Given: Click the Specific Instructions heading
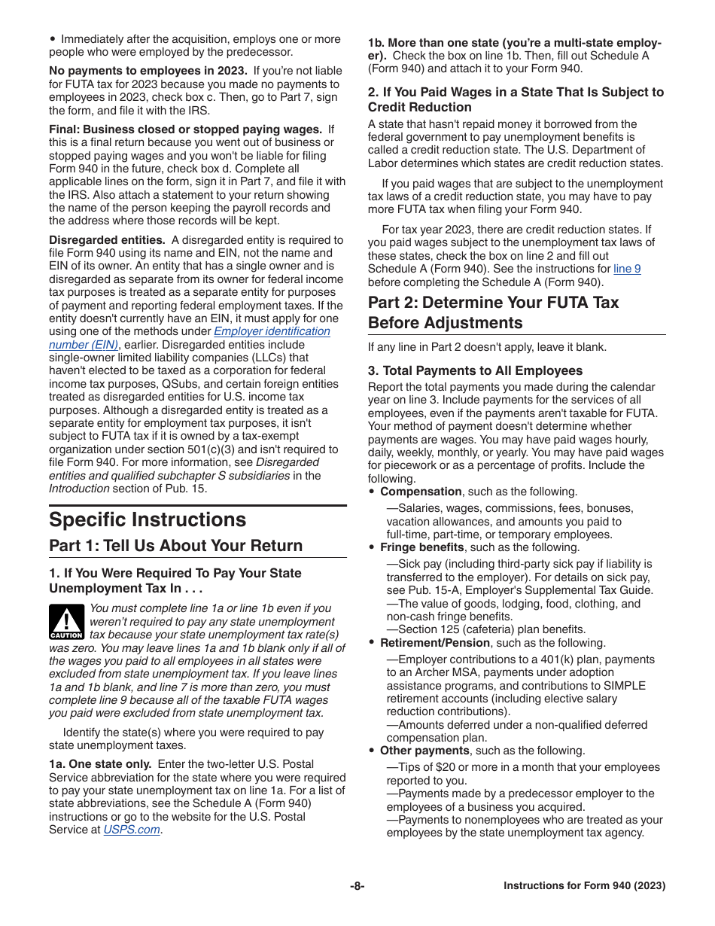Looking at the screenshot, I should pyautogui.click(x=148, y=520).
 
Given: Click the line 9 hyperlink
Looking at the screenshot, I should pyautogui.click(x=627, y=269).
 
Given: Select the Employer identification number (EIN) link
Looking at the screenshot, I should pyautogui.click(x=272, y=331).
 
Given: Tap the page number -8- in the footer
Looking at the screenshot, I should pyautogui.click(x=357, y=886).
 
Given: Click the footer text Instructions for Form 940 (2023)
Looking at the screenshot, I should pyautogui.click(x=584, y=886).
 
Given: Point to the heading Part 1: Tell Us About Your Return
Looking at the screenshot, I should pyautogui.click(x=176, y=546).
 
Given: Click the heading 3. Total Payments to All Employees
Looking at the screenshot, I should pyautogui.click(x=475, y=370).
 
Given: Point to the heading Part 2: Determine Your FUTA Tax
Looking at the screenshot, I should pyautogui.click(x=493, y=303).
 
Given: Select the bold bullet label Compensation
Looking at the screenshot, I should pyautogui.click(x=421, y=492).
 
